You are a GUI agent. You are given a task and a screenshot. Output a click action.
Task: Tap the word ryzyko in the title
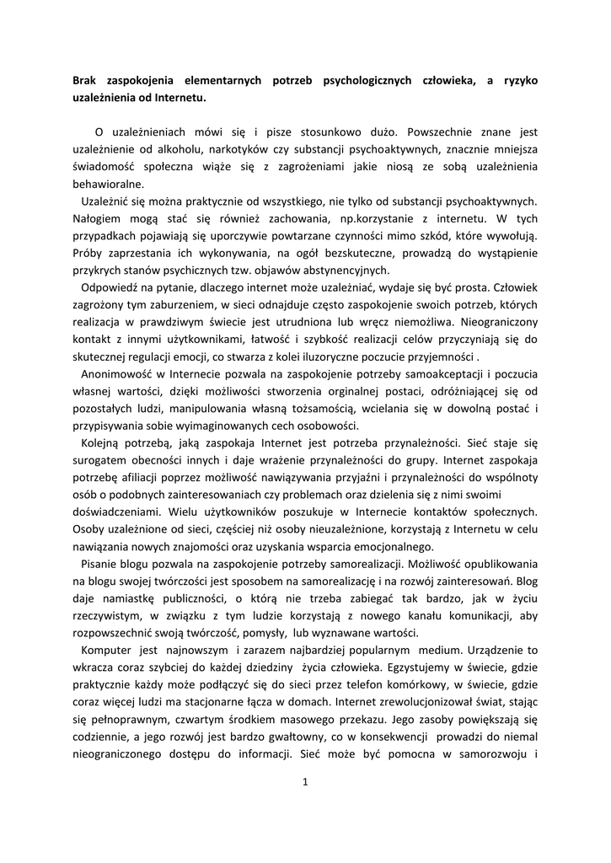pos(515,81)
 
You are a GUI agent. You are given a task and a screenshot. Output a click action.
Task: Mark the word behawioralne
pos(108,184)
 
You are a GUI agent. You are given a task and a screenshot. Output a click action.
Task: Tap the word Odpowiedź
pos(111,287)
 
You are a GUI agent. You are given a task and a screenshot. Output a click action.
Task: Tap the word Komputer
pos(108,650)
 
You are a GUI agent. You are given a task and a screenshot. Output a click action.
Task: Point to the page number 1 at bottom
pos(306,780)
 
